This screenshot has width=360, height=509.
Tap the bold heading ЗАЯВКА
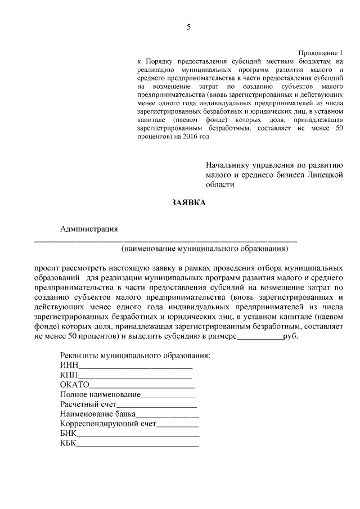(188, 203)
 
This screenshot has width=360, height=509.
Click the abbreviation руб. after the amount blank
(291, 336)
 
